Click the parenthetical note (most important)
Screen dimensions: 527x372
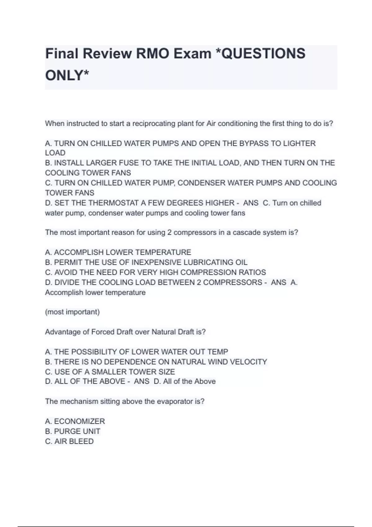[72, 312]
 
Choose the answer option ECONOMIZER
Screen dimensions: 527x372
[79, 421]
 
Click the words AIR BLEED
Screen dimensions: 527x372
[74, 441]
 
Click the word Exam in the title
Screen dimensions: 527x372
[192, 53]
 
